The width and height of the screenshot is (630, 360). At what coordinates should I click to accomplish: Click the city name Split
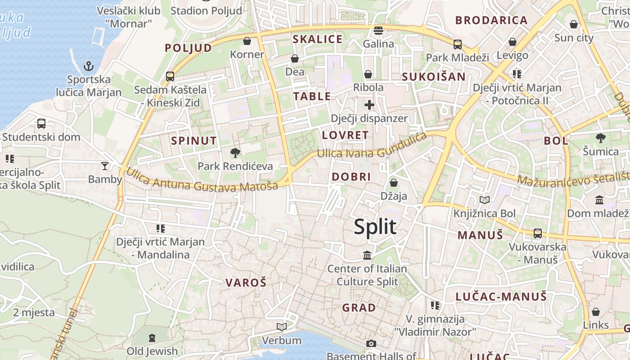coord(375,227)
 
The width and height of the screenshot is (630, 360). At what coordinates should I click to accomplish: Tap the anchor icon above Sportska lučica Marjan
coord(89,67)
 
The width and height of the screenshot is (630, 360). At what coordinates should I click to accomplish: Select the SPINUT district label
coord(193,141)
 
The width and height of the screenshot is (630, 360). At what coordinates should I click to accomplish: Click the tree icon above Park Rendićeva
coord(235,153)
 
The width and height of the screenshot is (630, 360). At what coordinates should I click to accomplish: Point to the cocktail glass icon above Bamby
coord(105,166)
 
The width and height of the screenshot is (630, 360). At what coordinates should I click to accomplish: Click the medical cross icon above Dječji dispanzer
coord(369,105)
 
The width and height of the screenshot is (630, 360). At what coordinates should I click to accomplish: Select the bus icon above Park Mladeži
coord(457,45)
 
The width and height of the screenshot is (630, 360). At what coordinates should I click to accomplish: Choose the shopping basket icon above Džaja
coord(394,183)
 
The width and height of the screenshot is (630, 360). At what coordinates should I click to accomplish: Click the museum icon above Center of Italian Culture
coord(367,256)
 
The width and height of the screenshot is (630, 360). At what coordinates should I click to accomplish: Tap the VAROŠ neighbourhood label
coord(246,283)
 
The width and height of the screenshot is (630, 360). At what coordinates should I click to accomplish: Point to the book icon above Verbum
coord(282,327)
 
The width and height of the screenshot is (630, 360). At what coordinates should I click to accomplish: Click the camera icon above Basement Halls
coord(371,344)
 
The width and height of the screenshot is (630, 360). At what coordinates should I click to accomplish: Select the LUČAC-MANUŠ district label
coord(501,297)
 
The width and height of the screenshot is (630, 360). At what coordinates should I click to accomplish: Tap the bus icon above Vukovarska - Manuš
coord(537,234)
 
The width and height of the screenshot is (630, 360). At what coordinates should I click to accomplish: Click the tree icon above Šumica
coord(600,138)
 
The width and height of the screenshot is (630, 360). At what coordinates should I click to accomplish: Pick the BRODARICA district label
coord(491,20)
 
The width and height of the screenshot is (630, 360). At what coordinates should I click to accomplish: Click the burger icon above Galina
coord(378,31)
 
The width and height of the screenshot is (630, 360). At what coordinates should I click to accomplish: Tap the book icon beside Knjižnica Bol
coord(485,200)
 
